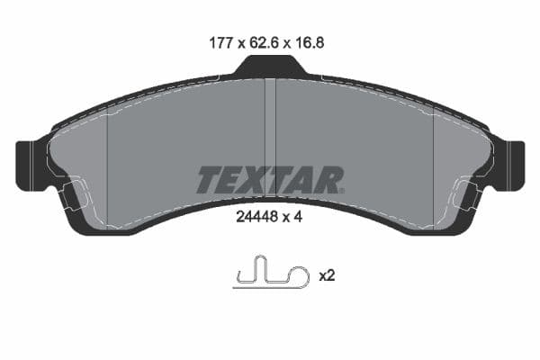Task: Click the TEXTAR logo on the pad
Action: (x=269, y=180)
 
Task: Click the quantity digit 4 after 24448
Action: (x=296, y=216)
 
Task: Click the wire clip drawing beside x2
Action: (x=269, y=274)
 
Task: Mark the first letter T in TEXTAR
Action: (x=207, y=180)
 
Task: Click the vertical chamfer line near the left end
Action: (x=107, y=171)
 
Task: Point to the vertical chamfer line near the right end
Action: (x=434, y=171)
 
